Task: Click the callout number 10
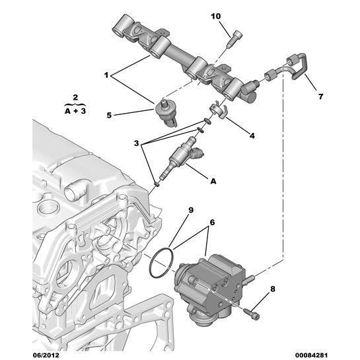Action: [x=235, y=15]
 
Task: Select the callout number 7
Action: [x=320, y=96]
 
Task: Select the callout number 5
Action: [x=109, y=115]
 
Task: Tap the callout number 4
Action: [x=252, y=136]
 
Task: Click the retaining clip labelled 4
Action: [x=215, y=111]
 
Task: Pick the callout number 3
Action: [x=137, y=143]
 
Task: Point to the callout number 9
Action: [x=190, y=211]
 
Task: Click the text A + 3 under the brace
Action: [x=75, y=112]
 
